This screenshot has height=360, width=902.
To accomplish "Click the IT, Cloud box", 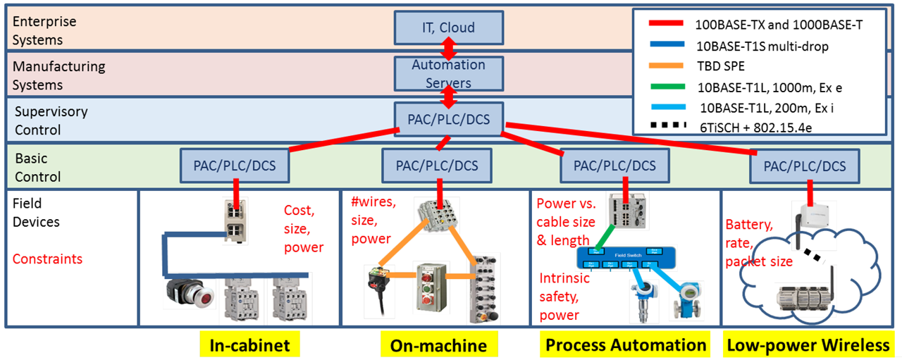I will pos(448,28).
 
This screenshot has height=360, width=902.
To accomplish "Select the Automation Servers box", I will pos(448,74).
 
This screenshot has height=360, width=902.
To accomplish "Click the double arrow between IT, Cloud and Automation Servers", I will pos(448,51).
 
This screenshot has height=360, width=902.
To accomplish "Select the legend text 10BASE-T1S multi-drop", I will pos(762,46).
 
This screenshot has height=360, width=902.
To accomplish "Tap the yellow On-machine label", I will pos(438,345).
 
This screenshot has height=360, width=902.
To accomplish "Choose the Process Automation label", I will pos(625,345).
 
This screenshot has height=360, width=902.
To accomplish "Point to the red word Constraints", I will pos(47,259).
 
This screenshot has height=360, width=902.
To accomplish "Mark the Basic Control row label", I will pos(37,168).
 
